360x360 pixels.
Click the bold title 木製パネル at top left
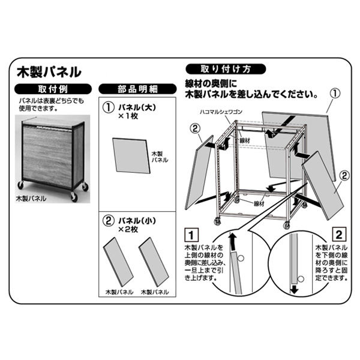point(49,73)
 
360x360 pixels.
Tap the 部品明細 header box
point(137,89)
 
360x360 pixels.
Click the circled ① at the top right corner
point(335,94)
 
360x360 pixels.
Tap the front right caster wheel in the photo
point(74,196)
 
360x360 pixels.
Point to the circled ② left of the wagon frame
point(194,128)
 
